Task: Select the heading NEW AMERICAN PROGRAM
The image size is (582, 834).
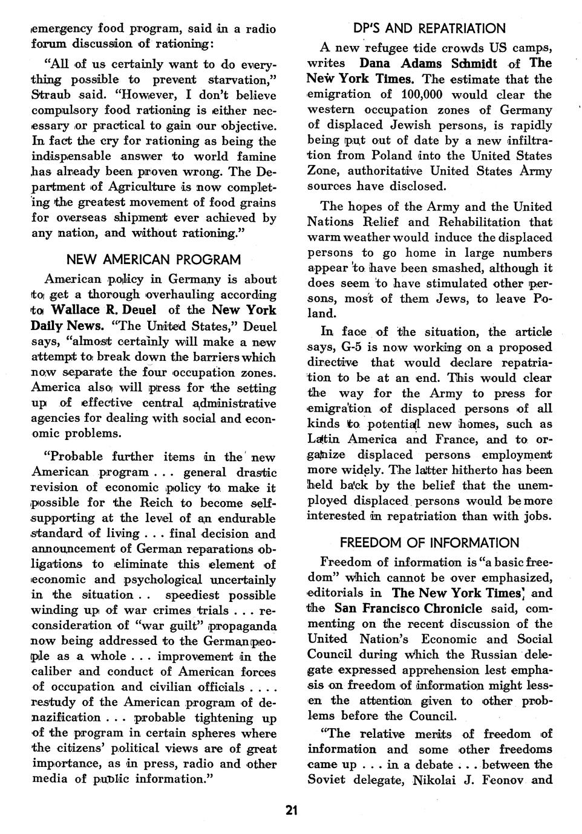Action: coord(153,260)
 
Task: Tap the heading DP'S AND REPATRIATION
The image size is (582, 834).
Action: coord(429,28)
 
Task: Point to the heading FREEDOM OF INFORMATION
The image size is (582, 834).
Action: coord(429,543)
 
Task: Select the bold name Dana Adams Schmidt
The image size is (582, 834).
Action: coord(428,63)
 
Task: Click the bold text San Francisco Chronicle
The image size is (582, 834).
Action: coord(408,609)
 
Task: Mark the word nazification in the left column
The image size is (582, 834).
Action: coord(65,717)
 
